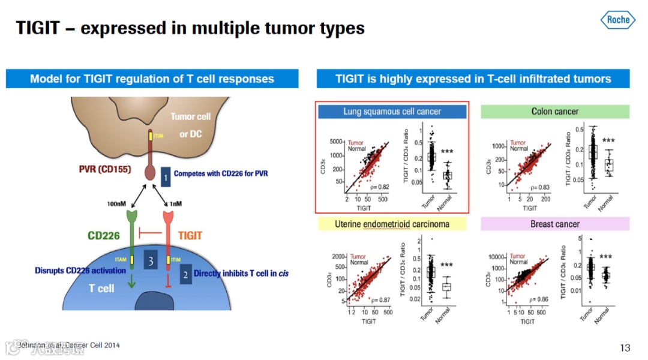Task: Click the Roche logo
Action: point(617,20)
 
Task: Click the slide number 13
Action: point(625,348)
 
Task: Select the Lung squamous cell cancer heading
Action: point(392,111)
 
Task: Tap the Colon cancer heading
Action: point(555,111)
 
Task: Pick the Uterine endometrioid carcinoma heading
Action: point(392,224)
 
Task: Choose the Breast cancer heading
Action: point(555,224)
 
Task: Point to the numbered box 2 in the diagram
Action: point(185,274)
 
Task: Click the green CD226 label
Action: point(104,236)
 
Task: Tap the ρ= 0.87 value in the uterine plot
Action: point(380,300)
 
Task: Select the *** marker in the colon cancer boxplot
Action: point(608,141)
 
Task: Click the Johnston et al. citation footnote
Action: point(68,345)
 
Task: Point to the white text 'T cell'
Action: point(101,289)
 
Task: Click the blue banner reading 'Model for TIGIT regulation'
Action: point(152,79)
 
